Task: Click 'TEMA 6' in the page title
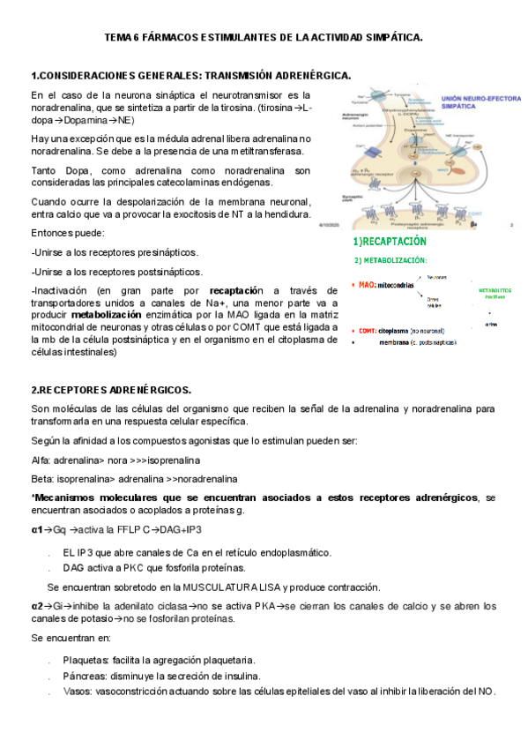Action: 123,38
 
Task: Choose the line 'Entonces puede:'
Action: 67,233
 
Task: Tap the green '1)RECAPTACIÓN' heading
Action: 389,241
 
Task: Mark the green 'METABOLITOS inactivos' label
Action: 494,293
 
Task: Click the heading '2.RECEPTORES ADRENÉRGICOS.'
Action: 110,389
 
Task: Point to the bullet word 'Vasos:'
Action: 78,692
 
